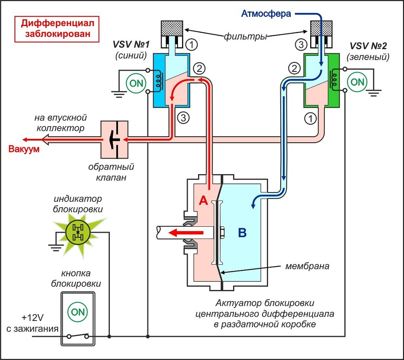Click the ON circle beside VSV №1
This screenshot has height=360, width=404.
click(x=136, y=82)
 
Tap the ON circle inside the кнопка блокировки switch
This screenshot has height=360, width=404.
click(x=78, y=312)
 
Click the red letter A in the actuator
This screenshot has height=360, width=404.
click(x=204, y=201)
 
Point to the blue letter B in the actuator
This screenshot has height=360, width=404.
click(x=242, y=233)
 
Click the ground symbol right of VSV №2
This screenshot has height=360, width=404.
click(x=374, y=91)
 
